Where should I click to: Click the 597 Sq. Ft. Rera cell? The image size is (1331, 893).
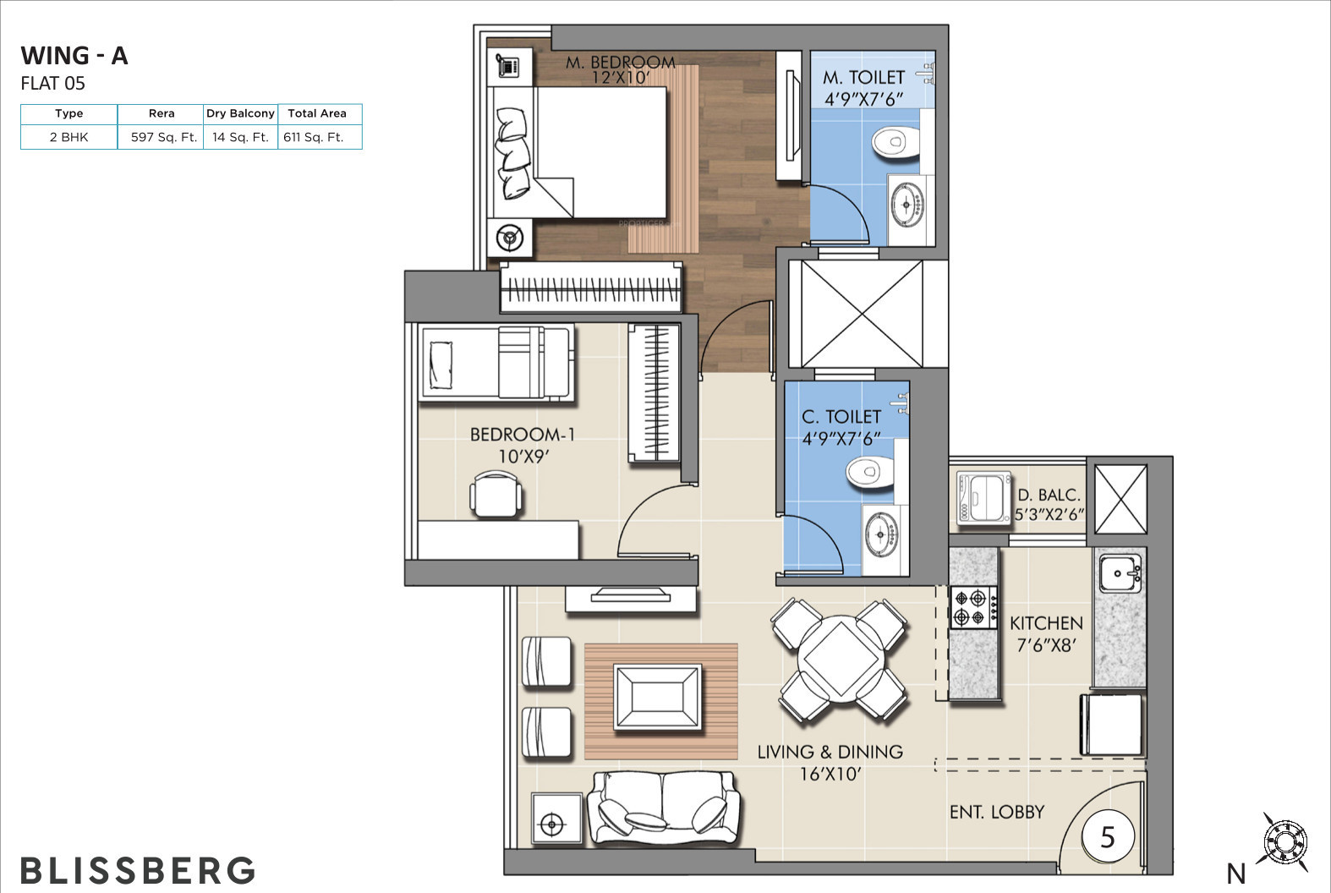(163, 137)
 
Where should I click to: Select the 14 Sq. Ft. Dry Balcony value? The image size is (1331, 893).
(240, 137)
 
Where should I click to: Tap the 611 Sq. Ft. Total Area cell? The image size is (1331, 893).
(313, 137)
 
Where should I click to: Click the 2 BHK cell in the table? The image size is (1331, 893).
(69, 137)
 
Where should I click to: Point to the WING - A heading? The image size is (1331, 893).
(74, 56)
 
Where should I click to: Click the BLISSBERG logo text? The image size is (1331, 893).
(138, 870)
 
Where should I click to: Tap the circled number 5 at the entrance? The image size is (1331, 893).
(1108, 837)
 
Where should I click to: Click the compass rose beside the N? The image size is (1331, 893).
(1284, 841)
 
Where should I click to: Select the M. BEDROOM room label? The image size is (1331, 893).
(621, 63)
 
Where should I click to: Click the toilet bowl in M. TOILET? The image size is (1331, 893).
(896, 142)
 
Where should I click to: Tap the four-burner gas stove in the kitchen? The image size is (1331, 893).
(973, 607)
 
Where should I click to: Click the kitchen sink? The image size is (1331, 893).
(1120, 573)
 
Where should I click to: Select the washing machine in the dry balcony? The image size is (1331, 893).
(984, 498)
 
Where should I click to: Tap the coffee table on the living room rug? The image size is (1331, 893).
(657, 696)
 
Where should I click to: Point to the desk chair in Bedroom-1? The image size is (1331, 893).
(496, 494)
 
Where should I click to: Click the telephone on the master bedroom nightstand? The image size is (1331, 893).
(507, 65)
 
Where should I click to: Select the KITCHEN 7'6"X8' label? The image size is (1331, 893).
(1046, 634)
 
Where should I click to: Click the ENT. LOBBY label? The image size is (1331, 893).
(996, 812)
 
